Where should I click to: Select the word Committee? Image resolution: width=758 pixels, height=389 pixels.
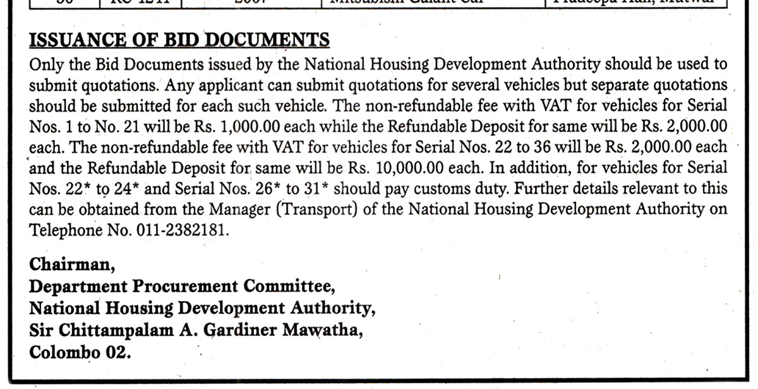tap(289, 286)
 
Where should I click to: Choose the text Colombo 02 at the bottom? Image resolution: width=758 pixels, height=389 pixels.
tap(80, 352)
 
